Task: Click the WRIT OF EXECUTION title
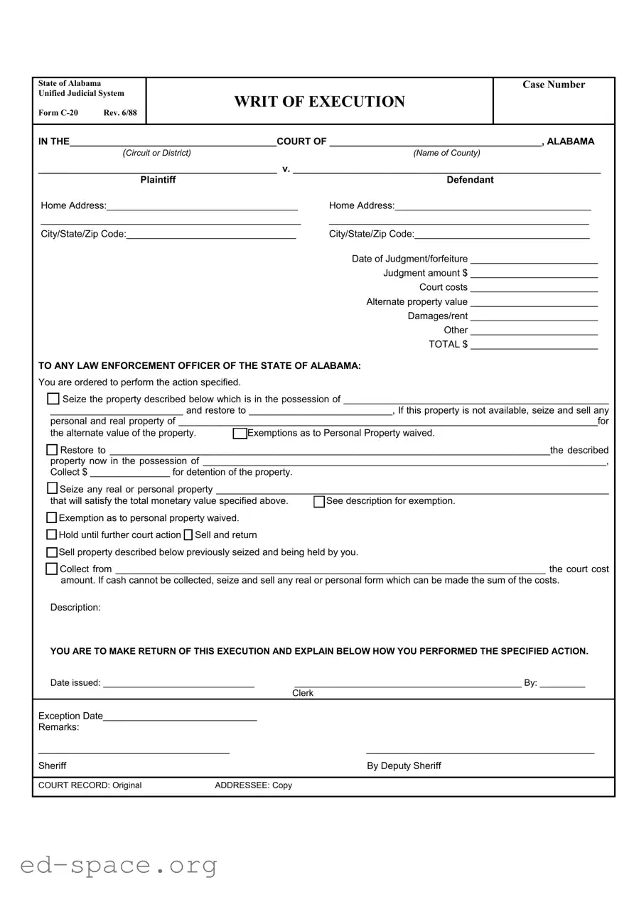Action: pyautogui.click(x=319, y=102)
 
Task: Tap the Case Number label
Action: pyautogui.click(x=554, y=85)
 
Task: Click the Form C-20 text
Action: pyautogui.click(x=58, y=113)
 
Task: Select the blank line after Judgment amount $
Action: pyautogui.click(x=534, y=274)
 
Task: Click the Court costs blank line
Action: pyautogui.click(x=534, y=288)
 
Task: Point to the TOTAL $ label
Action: pyautogui.click(x=448, y=344)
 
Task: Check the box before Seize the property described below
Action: pyautogui.click(x=53, y=399)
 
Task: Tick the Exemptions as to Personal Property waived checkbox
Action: pyautogui.click(x=240, y=434)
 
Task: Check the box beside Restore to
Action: pyautogui.click(x=52, y=450)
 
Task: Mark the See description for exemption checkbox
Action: pyautogui.click(x=319, y=502)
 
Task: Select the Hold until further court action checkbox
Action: pyautogui.click(x=52, y=535)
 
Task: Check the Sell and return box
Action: pyautogui.click(x=188, y=535)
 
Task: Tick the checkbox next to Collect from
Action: pyautogui.click(x=52, y=569)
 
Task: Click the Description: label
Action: pyautogui.click(x=75, y=607)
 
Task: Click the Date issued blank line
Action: pyautogui.click(x=178, y=684)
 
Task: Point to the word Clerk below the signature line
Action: pyautogui.click(x=303, y=693)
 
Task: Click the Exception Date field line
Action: pyautogui.click(x=180, y=717)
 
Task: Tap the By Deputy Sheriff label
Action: pyautogui.click(x=404, y=766)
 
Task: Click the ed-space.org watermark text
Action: pyautogui.click(x=118, y=865)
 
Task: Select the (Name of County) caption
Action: pyautogui.click(x=446, y=153)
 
